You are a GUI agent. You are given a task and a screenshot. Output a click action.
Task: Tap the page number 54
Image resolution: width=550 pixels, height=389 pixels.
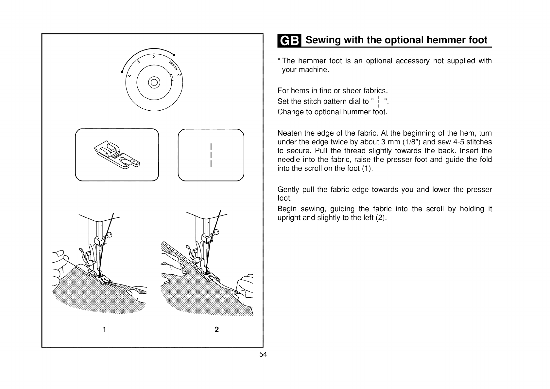263,354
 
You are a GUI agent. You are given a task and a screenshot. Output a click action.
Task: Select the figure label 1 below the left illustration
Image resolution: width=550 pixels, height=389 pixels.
104,330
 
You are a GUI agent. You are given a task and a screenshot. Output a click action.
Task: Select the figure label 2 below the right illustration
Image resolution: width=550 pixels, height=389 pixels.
216,330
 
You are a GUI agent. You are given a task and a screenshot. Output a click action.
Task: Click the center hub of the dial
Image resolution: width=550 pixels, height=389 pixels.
154,82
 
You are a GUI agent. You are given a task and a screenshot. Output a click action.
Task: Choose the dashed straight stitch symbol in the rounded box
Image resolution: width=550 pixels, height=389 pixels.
212,155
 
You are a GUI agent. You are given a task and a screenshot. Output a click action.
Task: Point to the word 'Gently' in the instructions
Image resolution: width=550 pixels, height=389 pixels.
288,190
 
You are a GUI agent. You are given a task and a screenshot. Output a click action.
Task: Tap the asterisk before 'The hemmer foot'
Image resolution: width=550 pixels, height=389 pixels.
279,61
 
